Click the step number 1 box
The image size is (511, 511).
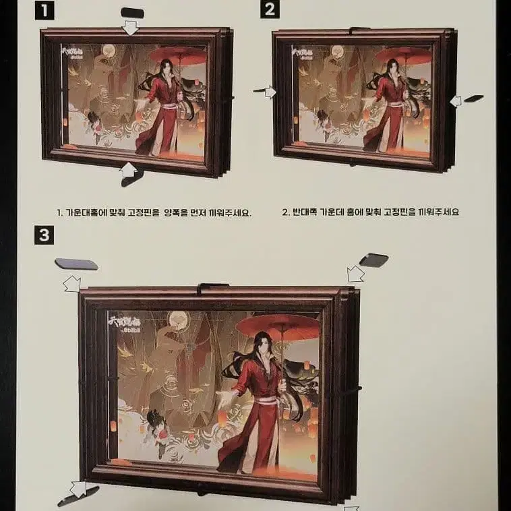click(44, 10)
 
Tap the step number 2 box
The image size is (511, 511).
click(270, 9)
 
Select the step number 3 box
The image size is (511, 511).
click(44, 235)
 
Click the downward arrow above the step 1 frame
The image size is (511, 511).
click(130, 28)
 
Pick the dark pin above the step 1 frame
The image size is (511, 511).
click(132, 13)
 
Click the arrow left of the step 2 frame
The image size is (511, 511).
click(269, 92)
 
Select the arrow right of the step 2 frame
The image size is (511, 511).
click(456, 101)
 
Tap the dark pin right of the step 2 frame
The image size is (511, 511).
click(474, 98)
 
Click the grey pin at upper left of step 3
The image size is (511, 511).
click(76, 264)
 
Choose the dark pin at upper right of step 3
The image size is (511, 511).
click(373, 260)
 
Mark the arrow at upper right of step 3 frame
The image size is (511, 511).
click(355, 274)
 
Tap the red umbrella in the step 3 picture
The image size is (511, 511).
click(278, 326)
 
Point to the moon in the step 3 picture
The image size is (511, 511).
click(178, 320)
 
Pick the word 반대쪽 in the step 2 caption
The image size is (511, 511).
click(303, 212)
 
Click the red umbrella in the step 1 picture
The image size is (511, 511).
click(178, 56)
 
